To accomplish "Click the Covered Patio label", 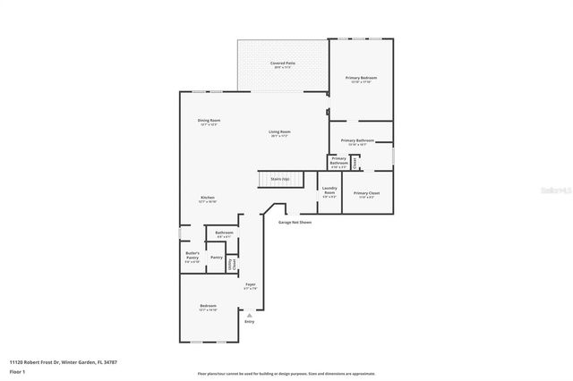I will [283, 64].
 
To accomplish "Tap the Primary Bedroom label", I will [362, 79].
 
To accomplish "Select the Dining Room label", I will [209, 122].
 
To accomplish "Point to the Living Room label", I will [279, 133].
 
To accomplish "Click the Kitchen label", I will [207, 199].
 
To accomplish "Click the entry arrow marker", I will [250, 315].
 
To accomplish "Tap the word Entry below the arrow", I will [250, 322].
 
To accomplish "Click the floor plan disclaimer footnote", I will [286, 373].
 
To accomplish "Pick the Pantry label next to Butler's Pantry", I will [216, 258].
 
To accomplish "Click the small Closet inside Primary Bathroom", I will [355, 163].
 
